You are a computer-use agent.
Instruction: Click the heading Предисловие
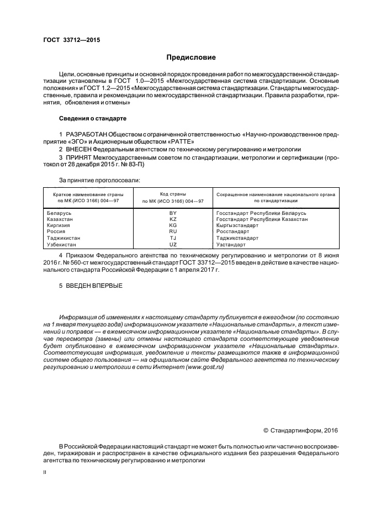pyautogui.click(x=192, y=57)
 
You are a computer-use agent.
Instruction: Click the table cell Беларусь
pyautogui.click(x=60, y=213)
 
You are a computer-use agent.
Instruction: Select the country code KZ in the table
pyautogui.click(x=173, y=219)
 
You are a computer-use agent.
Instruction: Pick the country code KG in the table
pyautogui.click(x=173, y=225)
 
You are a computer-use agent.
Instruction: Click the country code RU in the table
pyautogui.click(x=173, y=231)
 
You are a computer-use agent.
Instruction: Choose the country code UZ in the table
pyautogui.click(x=173, y=244)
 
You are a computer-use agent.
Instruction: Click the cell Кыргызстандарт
pyautogui.click(x=237, y=225)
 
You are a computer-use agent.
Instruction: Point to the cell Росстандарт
pyautogui.click(x=232, y=231)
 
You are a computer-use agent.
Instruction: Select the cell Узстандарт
pyautogui.click(x=230, y=244)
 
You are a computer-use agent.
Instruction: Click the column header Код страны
pyautogui.click(x=173, y=194)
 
